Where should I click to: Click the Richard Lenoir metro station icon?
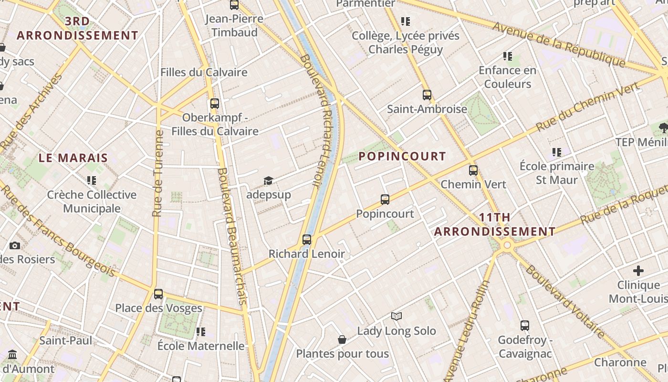pos(307,239)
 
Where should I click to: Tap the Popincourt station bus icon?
pos(385,200)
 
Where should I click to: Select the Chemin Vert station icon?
pos(473,170)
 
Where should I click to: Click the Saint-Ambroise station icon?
pos(427,95)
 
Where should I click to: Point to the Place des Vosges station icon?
pos(158,294)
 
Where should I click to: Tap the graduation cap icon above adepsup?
pos(268,180)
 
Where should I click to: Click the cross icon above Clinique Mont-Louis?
pos(638,271)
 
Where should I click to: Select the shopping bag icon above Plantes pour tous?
pos(342,340)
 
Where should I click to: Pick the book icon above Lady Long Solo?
pos(397,316)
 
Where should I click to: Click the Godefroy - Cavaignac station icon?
pos(525,326)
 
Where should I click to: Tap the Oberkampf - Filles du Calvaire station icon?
pos(215,103)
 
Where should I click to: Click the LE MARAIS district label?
pos(73,158)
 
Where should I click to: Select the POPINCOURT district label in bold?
pos(402,156)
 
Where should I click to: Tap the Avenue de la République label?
pos(558,44)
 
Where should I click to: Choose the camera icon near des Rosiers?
pos(15,245)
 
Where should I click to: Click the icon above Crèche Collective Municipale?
pos(91,180)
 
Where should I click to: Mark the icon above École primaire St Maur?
pos(556,152)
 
